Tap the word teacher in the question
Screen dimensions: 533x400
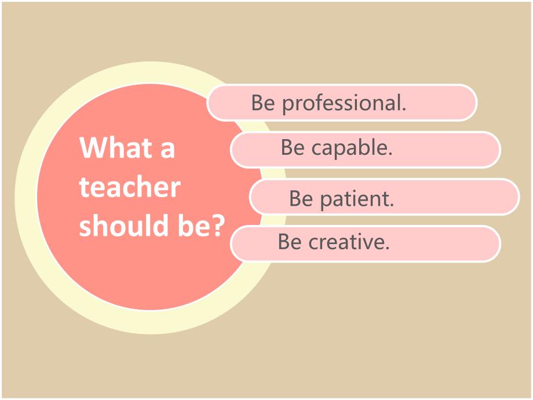click(x=130, y=187)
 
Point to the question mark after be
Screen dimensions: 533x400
click(x=217, y=225)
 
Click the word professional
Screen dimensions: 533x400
click(x=344, y=103)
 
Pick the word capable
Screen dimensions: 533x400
click(x=352, y=148)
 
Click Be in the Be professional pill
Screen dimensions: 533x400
click(x=263, y=103)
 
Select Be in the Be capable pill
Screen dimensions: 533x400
click(x=293, y=148)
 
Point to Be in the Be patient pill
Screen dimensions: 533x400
click(x=301, y=199)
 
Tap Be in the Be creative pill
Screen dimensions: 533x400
click(x=290, y=242)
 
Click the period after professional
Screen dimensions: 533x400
click(x=404, y=109)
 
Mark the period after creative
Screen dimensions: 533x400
click(x=387, y=248)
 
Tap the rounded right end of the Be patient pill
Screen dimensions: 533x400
click(x=512, y=197)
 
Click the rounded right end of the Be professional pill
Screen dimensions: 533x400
click(x=469, y=103)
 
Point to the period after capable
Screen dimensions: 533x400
click(x=390, y=154)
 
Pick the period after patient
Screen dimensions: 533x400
click(x=392, y=205)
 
